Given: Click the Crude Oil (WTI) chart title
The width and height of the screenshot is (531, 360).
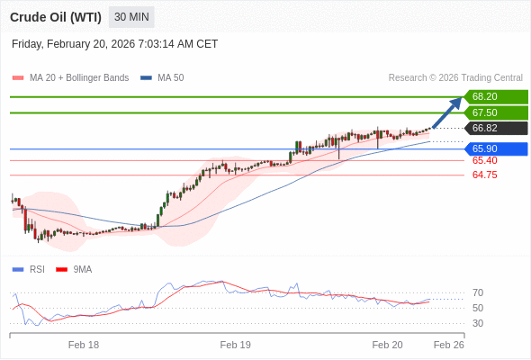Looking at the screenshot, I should point(56,17).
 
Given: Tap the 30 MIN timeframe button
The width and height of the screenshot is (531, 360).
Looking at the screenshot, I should point(131,17).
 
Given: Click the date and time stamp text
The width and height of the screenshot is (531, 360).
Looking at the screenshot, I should point(115,44).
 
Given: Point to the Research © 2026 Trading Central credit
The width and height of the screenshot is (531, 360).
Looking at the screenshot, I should point(455,78).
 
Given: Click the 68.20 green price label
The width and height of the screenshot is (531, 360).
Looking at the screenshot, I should point(495,96).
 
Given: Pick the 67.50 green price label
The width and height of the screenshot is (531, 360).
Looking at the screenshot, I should point(495,112).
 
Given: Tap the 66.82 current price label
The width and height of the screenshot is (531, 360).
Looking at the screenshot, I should point(495,128).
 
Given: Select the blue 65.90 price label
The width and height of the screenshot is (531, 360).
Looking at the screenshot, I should point(495,148).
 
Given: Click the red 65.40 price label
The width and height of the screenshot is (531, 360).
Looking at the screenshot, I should point(484,160).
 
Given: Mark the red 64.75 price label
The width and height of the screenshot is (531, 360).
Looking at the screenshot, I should point(484,175).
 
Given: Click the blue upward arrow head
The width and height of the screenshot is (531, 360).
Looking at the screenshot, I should point(457,102).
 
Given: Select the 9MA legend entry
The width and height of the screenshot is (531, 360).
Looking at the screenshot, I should point(82,269).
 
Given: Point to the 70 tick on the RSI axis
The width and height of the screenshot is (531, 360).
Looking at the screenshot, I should point(478,292).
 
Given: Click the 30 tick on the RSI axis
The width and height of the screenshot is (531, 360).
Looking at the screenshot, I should point(478,323).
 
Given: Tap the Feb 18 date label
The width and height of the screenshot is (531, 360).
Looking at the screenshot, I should point(84,345).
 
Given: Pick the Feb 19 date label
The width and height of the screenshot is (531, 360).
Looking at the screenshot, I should point(236,345).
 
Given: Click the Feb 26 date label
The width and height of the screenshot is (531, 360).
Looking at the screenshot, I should point(448,345).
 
